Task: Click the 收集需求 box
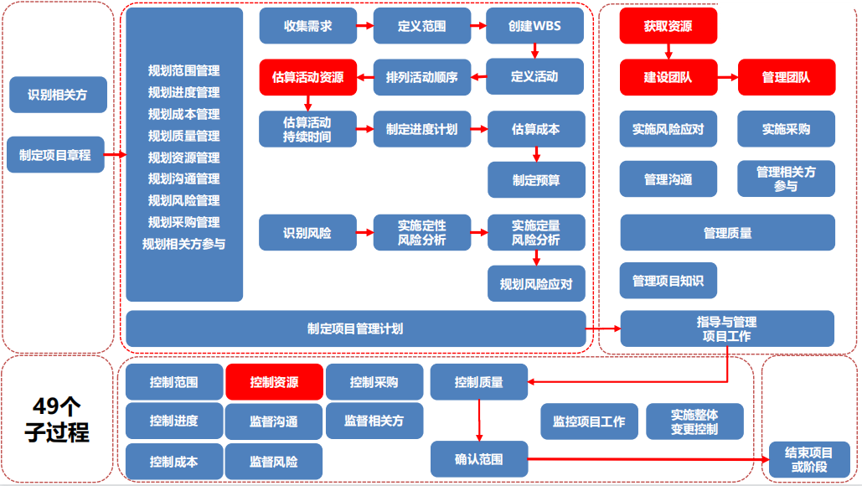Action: (x=308, y=26)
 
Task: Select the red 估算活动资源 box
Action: (x=308, y=77)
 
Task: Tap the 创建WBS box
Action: (x=534, y=26)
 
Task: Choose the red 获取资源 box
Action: (x=668, y=26)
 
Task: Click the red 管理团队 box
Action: (x=786, y=77)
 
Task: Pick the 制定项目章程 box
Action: (x=55, y=155)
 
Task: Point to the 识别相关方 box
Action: (x=57, y=95)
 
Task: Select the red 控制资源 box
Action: (x=274, y=382)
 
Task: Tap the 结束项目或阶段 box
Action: (x=808, y=459)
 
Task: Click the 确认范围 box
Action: (x=479, y=458)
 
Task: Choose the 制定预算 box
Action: (x=536, y=179)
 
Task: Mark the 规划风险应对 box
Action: (x=536, y=284)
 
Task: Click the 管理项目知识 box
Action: (x=668, y=281)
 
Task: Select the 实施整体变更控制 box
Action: (x=694, y=421)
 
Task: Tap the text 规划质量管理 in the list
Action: (x=184, y=136)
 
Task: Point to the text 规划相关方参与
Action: (x=184, y=244)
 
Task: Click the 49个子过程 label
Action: (x=57, y=419)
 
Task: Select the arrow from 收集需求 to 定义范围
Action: (x=365, y=26)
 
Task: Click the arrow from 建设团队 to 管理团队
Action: (x=727, y=77)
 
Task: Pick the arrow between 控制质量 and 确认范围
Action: (x=479, y=420)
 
